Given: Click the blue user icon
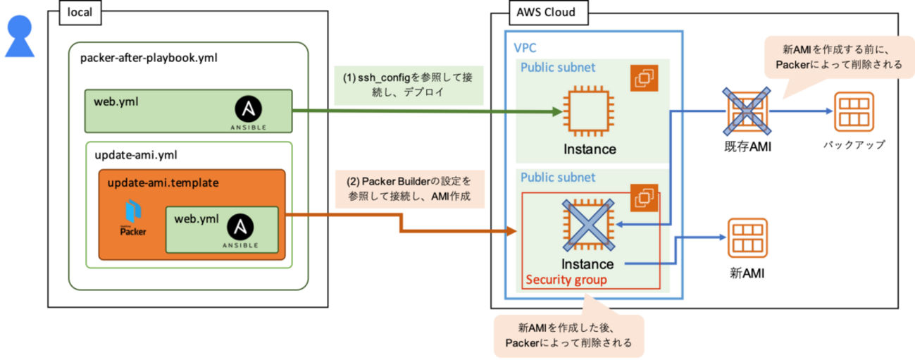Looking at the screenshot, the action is coord(20,36).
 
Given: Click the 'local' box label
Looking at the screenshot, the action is coord(80,13).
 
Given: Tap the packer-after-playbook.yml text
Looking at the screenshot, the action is coord(149,58).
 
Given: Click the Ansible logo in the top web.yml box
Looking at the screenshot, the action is coord(249,113).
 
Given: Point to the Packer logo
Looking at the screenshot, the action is coord(133,218).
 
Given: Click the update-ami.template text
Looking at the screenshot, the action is coord(163,182).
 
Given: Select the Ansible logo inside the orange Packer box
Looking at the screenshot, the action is coord(240,231).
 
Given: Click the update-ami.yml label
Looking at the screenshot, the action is coord(136,155).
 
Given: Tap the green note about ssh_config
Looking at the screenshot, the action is coord(409,85).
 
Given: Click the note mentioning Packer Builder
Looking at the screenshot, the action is coord(410,189).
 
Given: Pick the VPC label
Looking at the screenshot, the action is coord(525,48).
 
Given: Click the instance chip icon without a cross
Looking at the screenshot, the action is coord(589,111).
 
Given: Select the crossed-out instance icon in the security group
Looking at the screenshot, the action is coord(589,225).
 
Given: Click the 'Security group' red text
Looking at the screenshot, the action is coord(566,280).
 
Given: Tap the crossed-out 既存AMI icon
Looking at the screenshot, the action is coord(747,111).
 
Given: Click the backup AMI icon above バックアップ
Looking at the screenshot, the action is coord(854,111).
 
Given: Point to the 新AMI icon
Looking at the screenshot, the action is coord(747,238).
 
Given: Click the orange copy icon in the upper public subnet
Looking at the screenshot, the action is coord(645,78).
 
